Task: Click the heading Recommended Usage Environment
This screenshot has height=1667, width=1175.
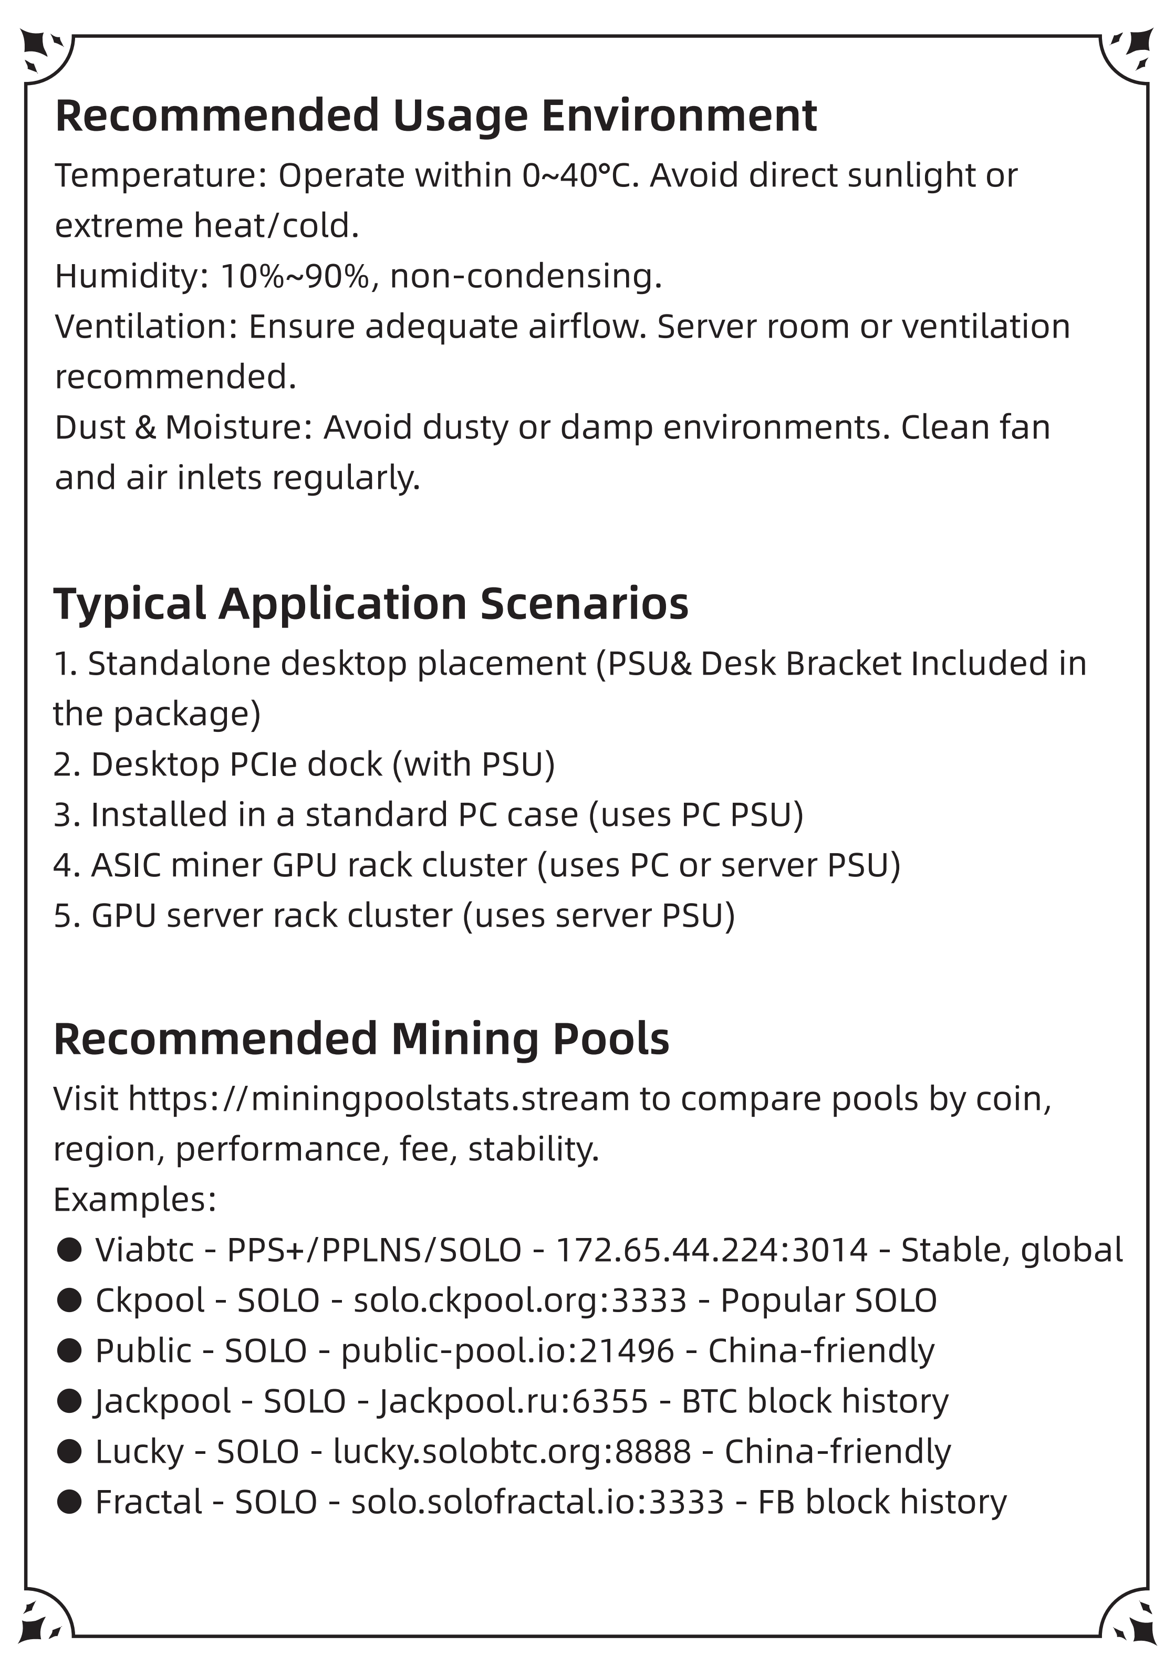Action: point(436,116)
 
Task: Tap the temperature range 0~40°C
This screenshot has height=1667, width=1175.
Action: point(579,176)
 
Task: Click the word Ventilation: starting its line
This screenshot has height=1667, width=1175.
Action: point(146,327)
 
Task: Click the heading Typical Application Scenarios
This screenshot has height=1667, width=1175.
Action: point(370,604)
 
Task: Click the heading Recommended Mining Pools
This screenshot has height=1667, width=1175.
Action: point(361,1039)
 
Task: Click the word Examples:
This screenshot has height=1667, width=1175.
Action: point(135,1199)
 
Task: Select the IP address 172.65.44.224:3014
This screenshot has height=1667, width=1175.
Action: point(712,1250)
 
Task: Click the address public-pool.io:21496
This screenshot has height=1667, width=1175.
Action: point(507,1351)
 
